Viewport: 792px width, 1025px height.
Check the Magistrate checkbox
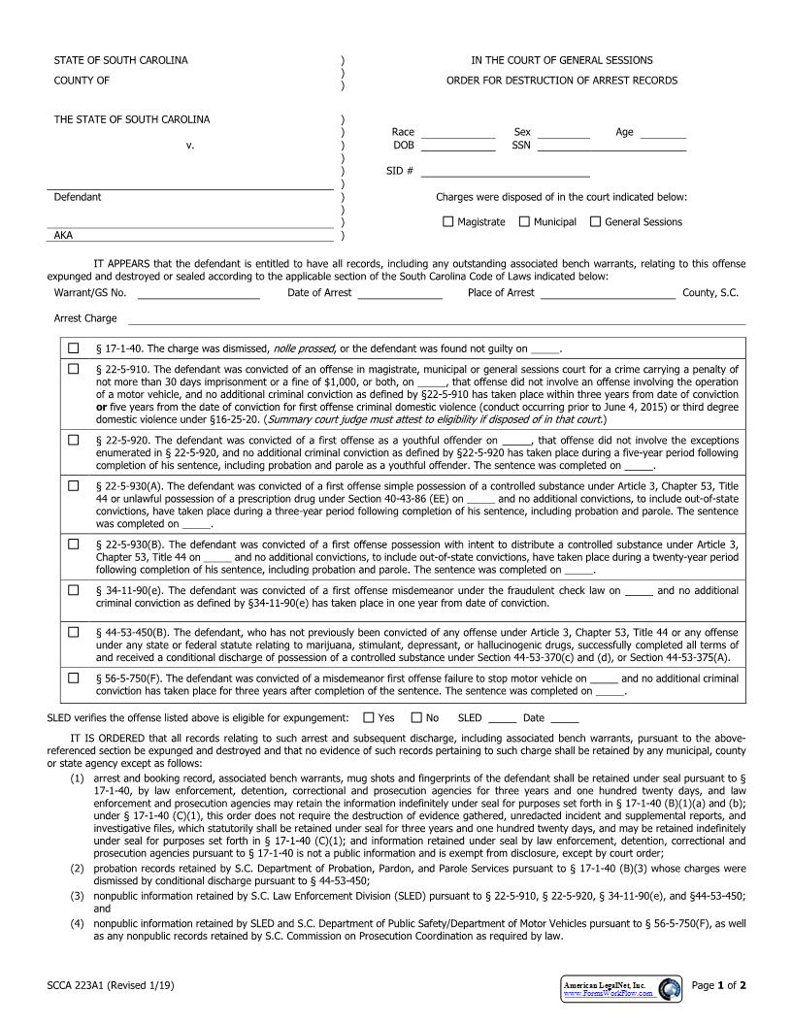[x=447, y=221]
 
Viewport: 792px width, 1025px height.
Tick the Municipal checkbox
[x=524, y=221]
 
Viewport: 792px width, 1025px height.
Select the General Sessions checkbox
[x=595, y=221]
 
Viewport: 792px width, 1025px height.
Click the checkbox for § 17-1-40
[x=73, y=348]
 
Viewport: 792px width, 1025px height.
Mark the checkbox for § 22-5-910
[x=73, y=369]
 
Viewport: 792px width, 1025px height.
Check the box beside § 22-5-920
[x=73, y=440]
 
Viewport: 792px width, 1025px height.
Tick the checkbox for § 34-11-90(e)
[x=73, y=590]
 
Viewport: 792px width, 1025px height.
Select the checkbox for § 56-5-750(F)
[x=73, y=678]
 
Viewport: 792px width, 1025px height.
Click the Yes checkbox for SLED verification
[x=368, y=718]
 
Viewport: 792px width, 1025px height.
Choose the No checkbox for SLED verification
[x=416, y=718]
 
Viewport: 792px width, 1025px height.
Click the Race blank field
[x=457, y=133]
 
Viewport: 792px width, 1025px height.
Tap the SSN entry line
[x=611, y=147]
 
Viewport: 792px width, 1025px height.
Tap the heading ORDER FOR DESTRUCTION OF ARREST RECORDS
[x=562, y=81]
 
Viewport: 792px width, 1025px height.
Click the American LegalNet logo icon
[x=670, y=989]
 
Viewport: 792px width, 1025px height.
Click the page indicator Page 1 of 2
[x=718, y=986]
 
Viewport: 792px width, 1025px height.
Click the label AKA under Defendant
[x=63, y=235]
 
